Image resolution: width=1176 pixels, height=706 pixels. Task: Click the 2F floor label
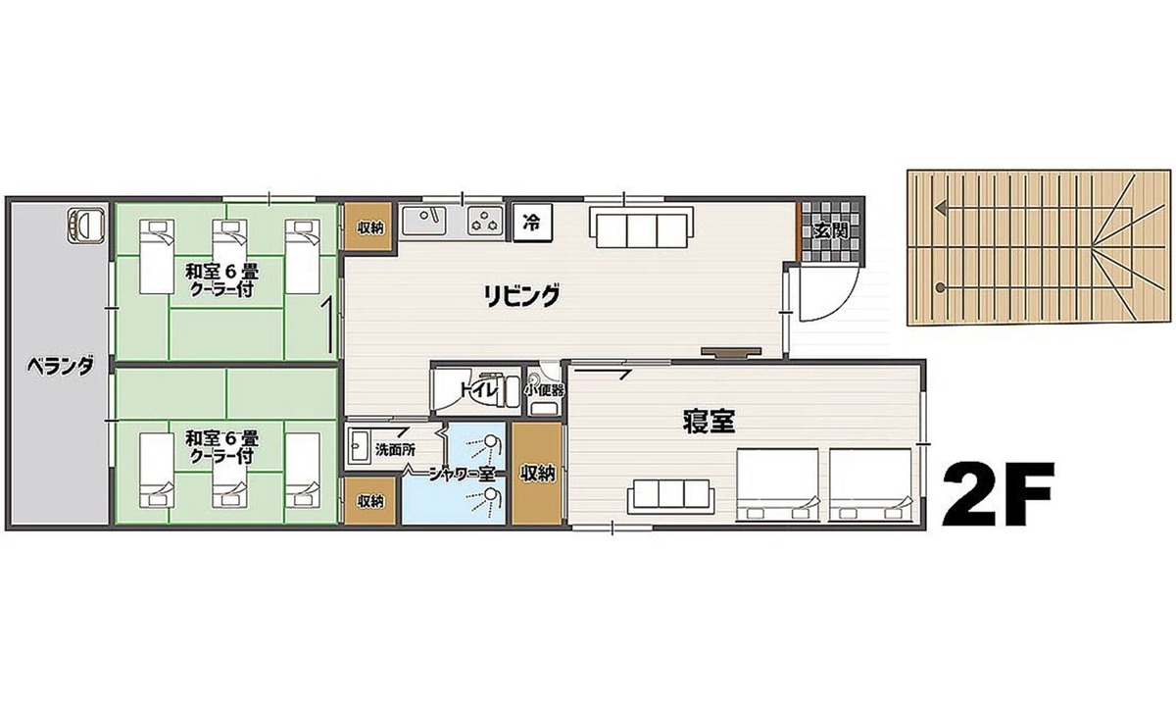[998, 495]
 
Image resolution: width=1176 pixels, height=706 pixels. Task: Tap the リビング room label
[521, 296]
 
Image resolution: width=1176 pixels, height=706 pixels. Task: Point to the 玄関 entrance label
[831, 230]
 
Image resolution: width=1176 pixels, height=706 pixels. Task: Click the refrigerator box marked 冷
[532, 224]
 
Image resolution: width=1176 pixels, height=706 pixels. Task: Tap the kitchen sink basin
[424, 221]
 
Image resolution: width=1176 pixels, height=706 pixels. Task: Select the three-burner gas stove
[485, 221]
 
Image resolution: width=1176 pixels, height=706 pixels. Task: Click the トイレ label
[478, 391]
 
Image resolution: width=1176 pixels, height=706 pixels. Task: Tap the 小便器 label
[545, 391]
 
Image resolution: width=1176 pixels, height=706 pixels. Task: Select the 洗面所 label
[395, 450]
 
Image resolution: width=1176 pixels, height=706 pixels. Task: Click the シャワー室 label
[462, 475]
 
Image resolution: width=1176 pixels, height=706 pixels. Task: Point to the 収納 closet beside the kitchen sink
[370, 227]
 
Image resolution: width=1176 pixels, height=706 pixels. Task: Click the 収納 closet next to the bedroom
[538, 474]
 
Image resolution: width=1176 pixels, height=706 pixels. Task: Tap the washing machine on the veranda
[86, 226]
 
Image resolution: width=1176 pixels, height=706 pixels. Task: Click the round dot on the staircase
[940, 287]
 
